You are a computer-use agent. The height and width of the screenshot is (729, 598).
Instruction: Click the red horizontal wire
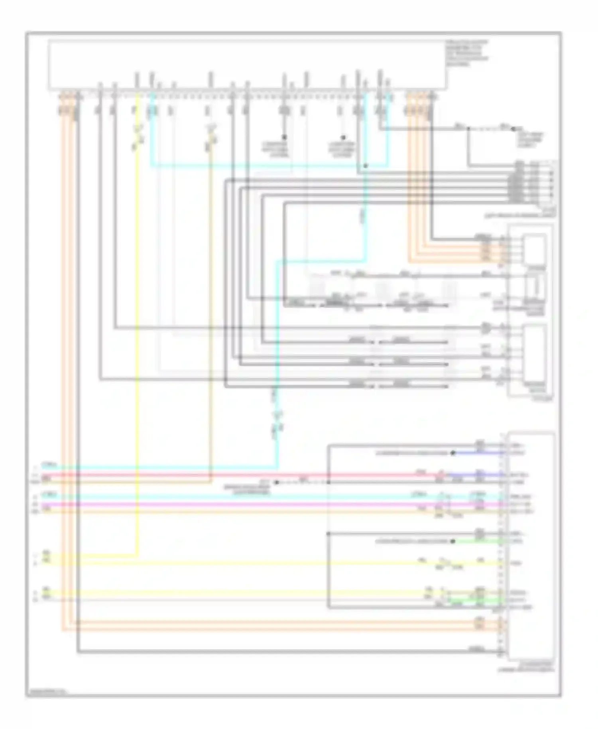tap(239, 475)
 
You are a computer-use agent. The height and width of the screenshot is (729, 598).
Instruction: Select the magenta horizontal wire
tap(239, 504)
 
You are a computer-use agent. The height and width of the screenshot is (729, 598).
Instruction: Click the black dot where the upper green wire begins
tap(453, 541)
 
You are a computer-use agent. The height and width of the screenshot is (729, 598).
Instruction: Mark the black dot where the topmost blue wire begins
tap(453, 453)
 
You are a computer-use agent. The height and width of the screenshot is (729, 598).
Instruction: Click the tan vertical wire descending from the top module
tap(210, 319)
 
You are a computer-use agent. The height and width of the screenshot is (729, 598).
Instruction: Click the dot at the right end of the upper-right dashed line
tap(513, 129)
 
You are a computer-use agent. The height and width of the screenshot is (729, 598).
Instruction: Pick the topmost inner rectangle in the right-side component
tap(535, 249)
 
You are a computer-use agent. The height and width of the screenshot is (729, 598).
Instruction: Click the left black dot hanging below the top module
tap(285, 136)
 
